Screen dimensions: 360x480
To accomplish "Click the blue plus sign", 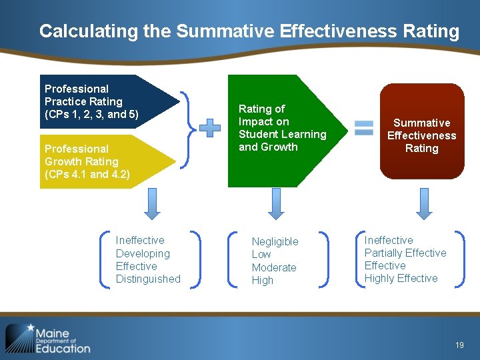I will click(210, 128).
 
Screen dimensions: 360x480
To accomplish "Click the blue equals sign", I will click(364, 128).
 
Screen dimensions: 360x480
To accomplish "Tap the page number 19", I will click(459, 345).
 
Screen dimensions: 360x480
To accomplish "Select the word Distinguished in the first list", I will click(148, 279).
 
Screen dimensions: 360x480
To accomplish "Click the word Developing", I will click(143, 253).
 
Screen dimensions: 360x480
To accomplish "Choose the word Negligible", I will click(275, 241).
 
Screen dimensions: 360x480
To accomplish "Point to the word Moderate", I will click(274, 267).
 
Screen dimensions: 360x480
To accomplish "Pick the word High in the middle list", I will click(263, 280).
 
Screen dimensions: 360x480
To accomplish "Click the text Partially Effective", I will click(405, 253).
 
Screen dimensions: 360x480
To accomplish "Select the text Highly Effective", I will click(401, 278).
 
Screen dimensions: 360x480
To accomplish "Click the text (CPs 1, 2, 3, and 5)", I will click(91, 115).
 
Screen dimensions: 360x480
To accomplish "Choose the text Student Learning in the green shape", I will click(283, 134).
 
